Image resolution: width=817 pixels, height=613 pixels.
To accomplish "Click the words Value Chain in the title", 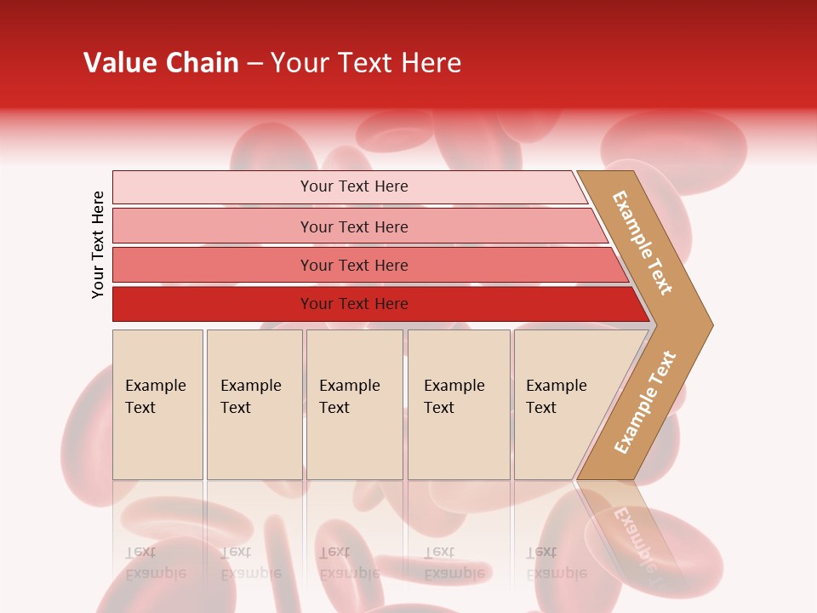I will point(161,63).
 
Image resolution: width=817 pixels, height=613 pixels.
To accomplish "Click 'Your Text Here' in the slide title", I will point(366,63).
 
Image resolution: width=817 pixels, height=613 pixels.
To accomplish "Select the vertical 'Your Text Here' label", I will point(99,244).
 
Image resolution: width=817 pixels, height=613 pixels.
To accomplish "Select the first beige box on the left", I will point(157,404).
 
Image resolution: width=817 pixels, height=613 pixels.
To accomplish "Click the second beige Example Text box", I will point(254,404).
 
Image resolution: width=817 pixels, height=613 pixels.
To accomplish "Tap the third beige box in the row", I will point(354,404).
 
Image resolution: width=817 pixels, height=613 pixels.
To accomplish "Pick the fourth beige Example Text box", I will point(459,404).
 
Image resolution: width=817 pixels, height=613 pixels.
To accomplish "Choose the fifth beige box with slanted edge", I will point(562,404).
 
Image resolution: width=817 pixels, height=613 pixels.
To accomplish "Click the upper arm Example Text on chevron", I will point(643,243).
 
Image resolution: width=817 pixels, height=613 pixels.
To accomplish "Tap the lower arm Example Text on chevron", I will point(645,402).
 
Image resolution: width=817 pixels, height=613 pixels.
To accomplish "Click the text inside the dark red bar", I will point(354,304).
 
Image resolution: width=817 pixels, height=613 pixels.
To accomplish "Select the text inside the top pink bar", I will point(354,186).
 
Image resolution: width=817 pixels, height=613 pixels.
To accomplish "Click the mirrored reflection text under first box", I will point(155,563).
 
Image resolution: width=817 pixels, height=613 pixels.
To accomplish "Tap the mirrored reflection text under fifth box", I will point(556,563).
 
